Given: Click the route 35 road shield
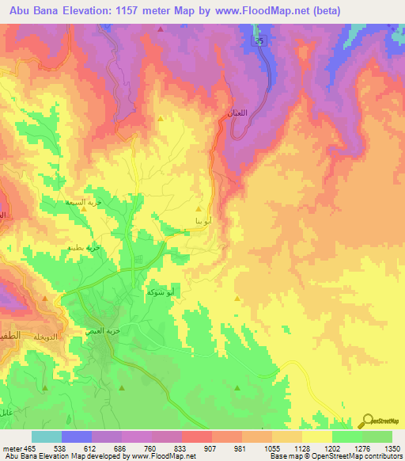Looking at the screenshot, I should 259,39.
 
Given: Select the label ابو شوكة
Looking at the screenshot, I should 161,292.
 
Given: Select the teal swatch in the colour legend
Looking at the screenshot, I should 46,436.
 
